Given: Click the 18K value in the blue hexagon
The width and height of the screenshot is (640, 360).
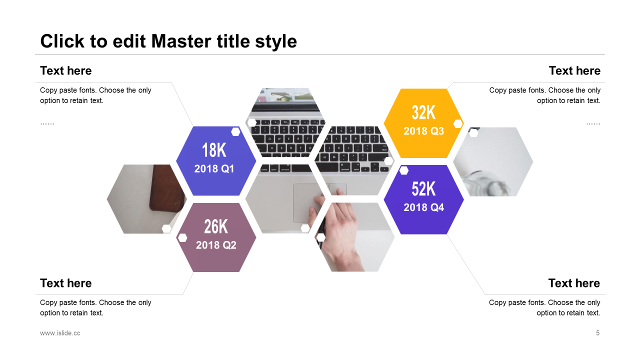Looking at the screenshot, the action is pos(214,150).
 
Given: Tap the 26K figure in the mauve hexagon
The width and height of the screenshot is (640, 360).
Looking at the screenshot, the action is pos(216,226).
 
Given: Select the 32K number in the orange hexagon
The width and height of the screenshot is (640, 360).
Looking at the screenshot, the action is pos(423,112).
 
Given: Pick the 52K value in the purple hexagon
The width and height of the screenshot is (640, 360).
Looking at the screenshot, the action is pos(423,189).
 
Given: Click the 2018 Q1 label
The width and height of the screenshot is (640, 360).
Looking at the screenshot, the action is pos(214,169).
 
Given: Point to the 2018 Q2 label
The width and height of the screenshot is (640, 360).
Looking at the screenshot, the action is pos(216,245).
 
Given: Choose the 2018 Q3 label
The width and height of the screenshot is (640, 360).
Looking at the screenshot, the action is pos(423,131).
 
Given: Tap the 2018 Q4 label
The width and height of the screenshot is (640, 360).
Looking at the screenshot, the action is pos(423,207).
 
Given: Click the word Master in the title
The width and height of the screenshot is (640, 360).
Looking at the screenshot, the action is pos(181,41).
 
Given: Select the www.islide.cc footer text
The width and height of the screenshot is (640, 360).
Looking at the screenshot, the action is pos(60,333).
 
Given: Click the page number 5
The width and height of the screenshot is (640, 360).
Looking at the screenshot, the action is pos(597,333).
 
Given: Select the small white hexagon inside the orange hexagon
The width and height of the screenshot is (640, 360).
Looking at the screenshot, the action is pos(458,123).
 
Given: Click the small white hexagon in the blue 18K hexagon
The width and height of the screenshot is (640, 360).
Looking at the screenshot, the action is pos(235,131).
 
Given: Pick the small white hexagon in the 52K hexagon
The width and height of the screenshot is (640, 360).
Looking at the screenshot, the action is pos(403,170).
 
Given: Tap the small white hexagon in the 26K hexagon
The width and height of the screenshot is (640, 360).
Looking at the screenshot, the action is pos(182,237).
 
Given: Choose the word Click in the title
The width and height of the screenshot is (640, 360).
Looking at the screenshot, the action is pos(62,41).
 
